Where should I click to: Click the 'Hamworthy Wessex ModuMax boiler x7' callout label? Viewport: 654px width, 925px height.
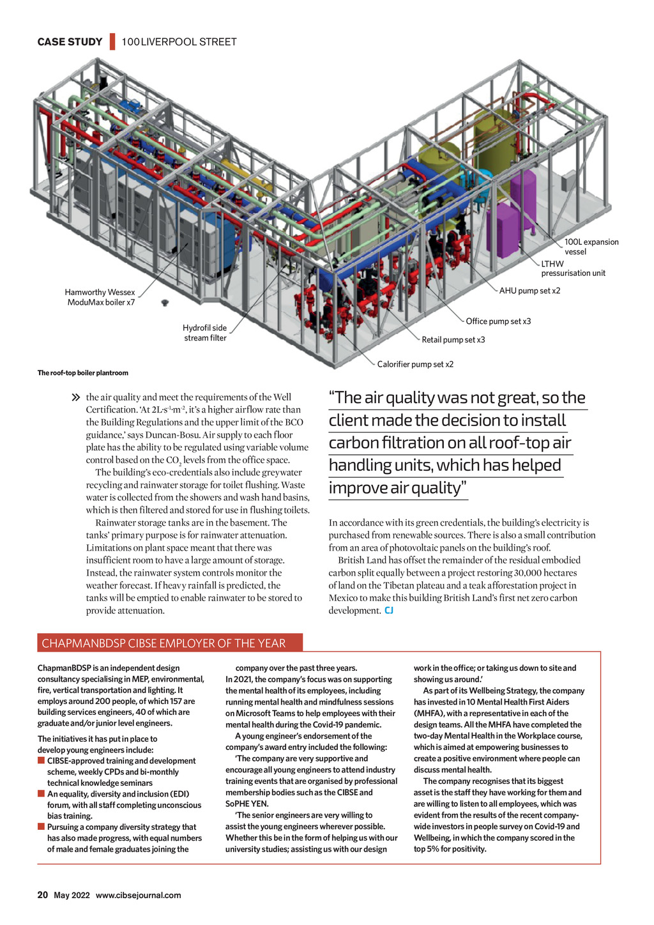point(100,297)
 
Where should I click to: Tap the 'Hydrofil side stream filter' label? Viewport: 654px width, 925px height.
point(205,333)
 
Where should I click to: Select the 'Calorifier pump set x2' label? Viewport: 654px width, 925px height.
point(415,364)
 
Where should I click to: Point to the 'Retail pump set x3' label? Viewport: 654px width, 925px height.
point(453,340)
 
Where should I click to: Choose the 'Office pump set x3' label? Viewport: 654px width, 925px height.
point(498,321)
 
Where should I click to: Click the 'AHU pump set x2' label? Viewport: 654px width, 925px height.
point(529,291)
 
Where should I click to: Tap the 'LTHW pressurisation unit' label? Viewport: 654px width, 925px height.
point(573,268)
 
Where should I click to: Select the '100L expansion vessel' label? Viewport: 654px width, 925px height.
point(591,247)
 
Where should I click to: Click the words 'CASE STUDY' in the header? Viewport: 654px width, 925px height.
point(70,42)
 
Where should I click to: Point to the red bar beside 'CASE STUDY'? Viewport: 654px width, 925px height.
point(112,42)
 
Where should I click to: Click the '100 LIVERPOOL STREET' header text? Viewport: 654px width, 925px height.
point(179,42)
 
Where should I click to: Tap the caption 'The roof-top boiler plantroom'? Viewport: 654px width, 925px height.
point(83,373)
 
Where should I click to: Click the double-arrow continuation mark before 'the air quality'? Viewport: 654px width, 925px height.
point(77,398)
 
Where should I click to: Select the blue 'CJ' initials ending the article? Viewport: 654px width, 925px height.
point(389,611)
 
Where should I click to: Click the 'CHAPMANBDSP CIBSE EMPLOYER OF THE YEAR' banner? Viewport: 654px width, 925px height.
point(163,643)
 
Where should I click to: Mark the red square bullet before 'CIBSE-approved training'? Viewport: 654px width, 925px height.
point(41,761)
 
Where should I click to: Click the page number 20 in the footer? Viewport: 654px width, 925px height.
point(43,895)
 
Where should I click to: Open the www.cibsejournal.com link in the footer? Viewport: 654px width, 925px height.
point(138,896)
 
